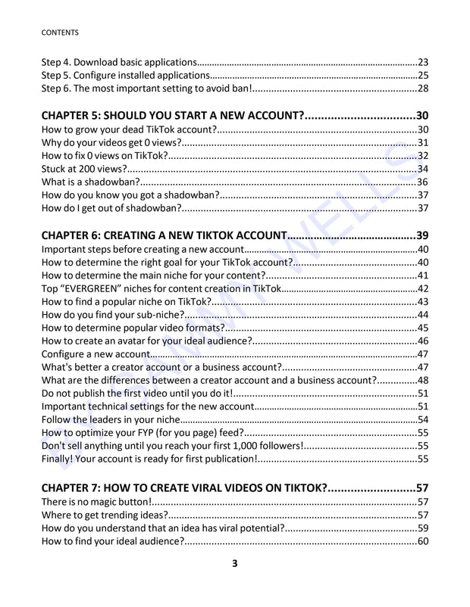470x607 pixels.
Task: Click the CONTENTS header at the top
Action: tap(60, 33)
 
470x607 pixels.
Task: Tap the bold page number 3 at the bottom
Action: tap(235, 563)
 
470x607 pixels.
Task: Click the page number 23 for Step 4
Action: tap(424, 62)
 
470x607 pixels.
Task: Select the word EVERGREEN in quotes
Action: tap(97, 288)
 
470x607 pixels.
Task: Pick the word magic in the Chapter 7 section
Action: tap(102, 502)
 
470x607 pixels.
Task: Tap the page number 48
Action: tap(423, 380)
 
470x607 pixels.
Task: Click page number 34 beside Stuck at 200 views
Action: tap(423, 169)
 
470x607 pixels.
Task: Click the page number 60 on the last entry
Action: tap(423, 541)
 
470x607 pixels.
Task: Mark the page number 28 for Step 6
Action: tap(423, 89)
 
